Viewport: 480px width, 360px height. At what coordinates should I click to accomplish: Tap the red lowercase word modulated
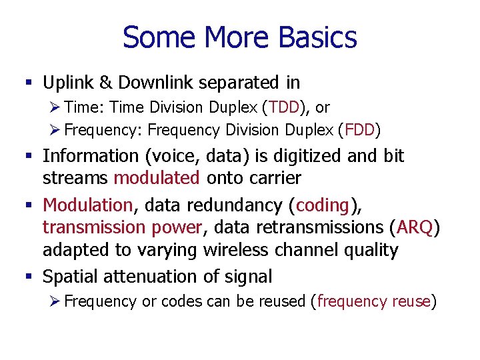tap(156, 178)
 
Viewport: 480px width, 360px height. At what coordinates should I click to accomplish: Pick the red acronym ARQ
tap(415, 227)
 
